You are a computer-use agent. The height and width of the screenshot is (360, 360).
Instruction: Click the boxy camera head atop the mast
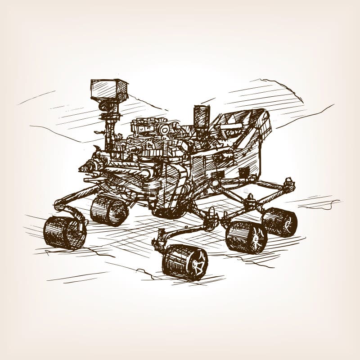point(109,90)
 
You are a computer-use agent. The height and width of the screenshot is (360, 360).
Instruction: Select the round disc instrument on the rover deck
point(164,130)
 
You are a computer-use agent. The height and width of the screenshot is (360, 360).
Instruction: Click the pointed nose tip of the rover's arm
point(81,169)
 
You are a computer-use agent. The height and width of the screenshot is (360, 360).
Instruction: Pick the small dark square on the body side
point(243,172)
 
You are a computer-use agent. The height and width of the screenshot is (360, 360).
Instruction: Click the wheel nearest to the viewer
point(184,262)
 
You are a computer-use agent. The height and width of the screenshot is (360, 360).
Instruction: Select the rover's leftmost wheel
point(65,232)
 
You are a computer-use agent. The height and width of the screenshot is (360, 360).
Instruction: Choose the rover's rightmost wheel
point(279,222)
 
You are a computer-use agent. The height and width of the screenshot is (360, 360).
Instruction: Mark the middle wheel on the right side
point(246,237)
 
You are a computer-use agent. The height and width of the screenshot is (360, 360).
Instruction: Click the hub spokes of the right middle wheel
point(257,238)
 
